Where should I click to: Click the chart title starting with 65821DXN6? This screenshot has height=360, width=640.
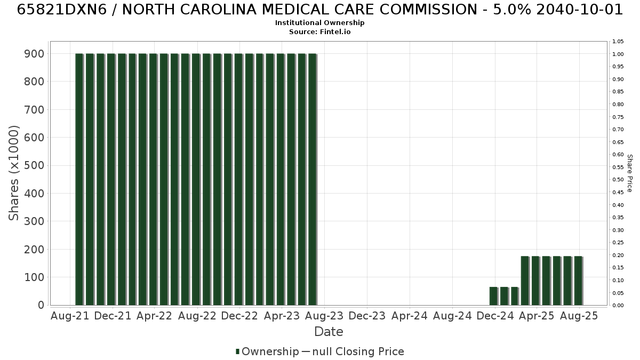tap(319, 10)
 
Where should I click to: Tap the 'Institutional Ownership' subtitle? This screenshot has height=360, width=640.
tap(319, 23)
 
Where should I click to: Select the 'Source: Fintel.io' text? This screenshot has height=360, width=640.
tap(319, 31)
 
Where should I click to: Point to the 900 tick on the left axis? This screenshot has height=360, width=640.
tap(34, 54)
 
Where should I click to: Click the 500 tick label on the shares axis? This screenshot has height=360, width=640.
tap(34, 165)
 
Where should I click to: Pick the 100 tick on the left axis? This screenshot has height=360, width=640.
tap(34, 277)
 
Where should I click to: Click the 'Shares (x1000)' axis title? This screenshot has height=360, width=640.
tap(13, 173)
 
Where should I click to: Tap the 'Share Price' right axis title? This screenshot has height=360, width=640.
tap(630, 173)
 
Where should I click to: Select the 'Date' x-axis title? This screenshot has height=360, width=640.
tap(329, 332)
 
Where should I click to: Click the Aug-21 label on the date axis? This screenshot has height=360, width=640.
tap(70, 316)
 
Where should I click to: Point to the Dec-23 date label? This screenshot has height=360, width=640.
tap(367, 316)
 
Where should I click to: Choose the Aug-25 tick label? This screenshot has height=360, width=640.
tap(579, 316)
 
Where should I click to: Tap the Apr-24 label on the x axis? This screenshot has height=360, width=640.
tap(410, 316)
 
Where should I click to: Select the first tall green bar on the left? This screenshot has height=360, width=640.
tap(79, 179)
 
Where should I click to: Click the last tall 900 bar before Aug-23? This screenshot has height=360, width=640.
tap(313, 179)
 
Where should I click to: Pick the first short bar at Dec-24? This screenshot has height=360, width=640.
tap(493, 297)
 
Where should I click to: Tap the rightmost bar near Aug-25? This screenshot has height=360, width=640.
tap(578, 281)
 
